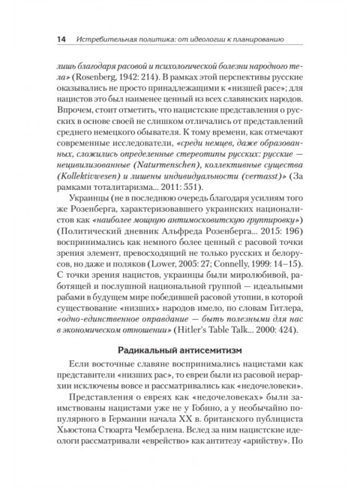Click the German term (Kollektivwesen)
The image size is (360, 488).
pyautogui.click(x=84, y=197)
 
